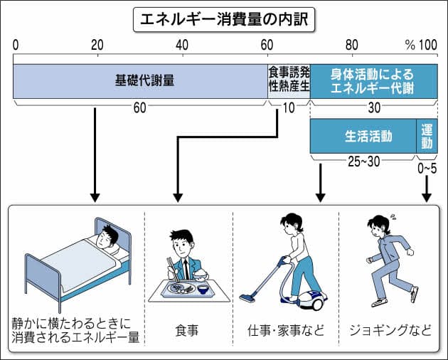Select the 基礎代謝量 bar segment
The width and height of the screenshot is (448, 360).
[x=139, y=80]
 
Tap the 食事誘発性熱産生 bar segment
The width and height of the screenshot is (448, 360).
[x=288, y=80]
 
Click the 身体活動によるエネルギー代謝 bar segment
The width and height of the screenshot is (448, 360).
[x=373, y=80]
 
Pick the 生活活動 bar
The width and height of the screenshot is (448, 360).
[x=362, y=135]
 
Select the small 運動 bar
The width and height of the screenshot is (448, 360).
[x=427, y=135]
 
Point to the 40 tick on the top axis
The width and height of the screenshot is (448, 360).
[x=182, y=45]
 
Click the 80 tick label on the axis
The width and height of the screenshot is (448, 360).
[x=351, y=45]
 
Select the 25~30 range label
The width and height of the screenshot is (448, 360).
[x=362, y=162]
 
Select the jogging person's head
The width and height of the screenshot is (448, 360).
[x=376, y=227]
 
